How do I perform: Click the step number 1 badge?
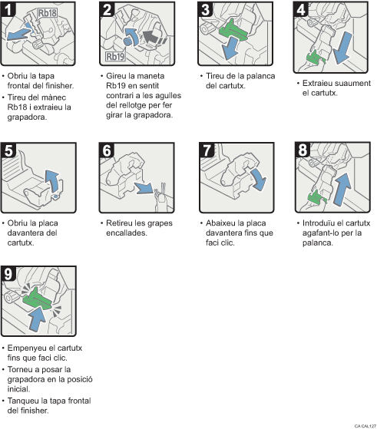tap(9, 10)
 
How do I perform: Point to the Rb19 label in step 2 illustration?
tap(114, 55)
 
